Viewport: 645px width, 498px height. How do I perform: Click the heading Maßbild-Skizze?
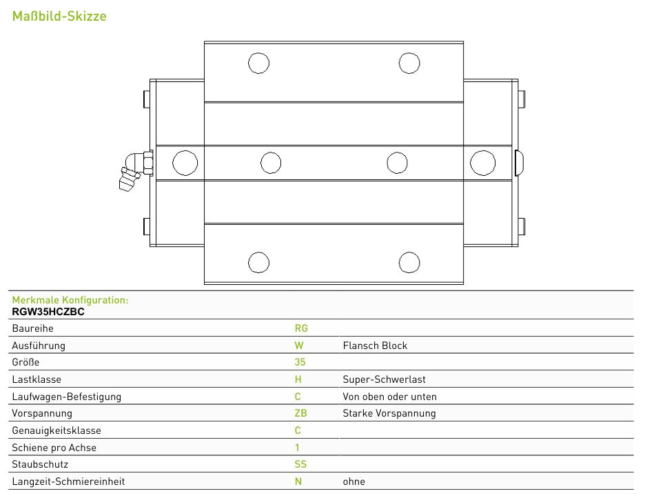[59, 16]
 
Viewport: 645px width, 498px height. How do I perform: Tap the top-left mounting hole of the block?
[258, 63]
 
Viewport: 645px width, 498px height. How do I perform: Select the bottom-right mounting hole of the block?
[409, 263]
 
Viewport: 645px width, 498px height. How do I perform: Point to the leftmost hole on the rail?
[185, 163]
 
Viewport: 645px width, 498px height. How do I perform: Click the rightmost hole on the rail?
[482, 163]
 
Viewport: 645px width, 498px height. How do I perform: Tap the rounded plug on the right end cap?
[519, 163]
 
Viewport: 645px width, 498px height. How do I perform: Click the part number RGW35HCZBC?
[48, 312]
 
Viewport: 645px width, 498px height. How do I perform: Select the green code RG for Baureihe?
[301, 328]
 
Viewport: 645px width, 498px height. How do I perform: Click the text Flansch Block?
[375, 346]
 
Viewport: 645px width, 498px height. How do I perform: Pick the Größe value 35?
[300, 362]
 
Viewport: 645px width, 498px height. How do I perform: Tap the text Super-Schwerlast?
[385, 379]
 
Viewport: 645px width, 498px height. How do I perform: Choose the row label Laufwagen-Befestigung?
[67, 397]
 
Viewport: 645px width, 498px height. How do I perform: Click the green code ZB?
[300, 413]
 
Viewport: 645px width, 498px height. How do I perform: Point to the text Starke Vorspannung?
[389, 413]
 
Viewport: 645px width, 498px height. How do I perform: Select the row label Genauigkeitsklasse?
[57, 430]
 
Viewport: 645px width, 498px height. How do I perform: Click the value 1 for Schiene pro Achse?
[298, 448]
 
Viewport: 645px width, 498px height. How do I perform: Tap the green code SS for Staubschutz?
[300, 464]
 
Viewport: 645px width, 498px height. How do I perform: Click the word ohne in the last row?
[354, 481]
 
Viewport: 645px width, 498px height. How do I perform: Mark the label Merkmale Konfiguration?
[70, 300]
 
